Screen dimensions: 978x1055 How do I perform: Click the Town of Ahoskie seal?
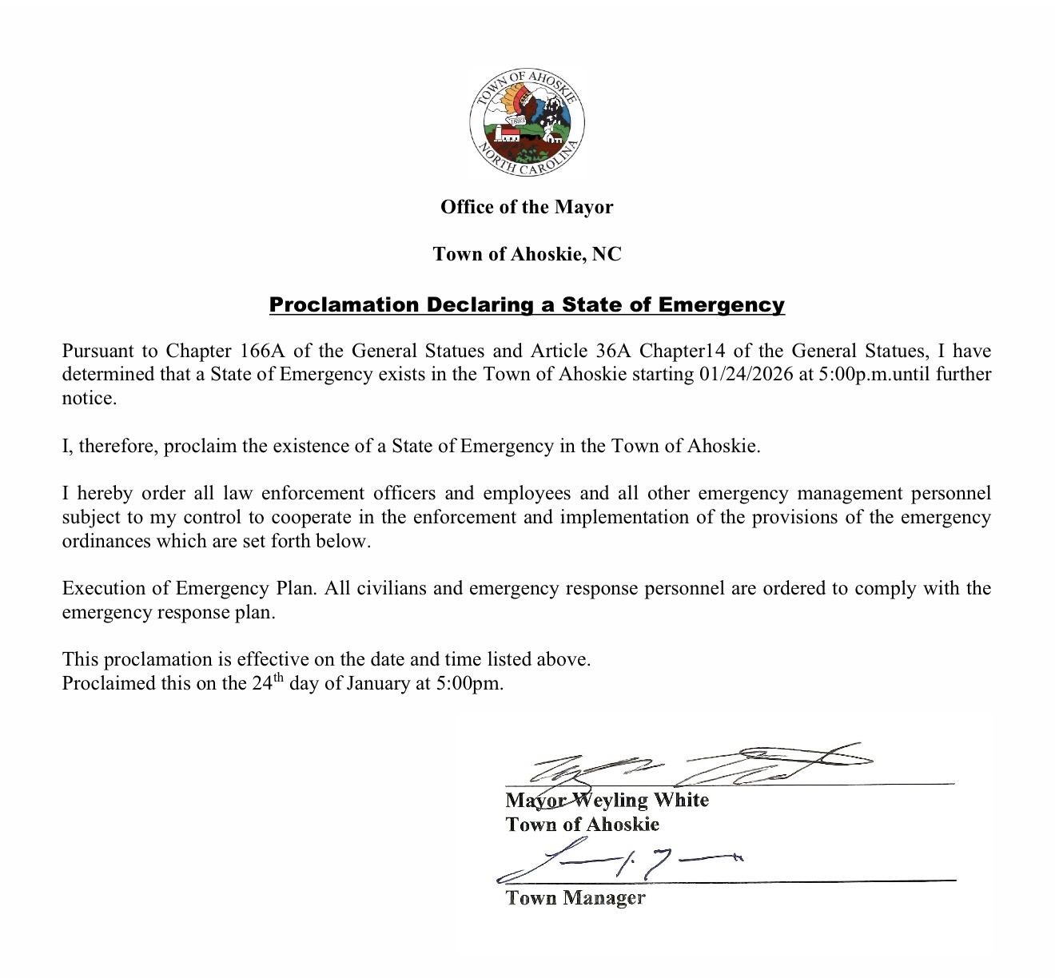coord(527,124)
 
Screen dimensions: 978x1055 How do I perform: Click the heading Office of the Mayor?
coord(527,207)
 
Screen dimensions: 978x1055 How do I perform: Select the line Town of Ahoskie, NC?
coord(527,254)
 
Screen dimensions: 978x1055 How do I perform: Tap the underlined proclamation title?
coord(527,304)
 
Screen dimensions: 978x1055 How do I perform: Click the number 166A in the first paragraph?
coord(257,351)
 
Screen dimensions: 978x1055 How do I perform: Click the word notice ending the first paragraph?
coord(88,398)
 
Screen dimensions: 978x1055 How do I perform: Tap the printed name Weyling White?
coord(652,800)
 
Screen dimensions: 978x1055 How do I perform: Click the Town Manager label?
coord(575,898)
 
